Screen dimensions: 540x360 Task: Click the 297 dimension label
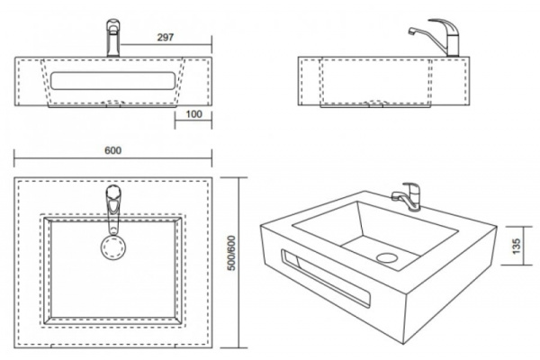tap(166, 37)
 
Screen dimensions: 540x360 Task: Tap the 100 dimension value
tap(193, 114)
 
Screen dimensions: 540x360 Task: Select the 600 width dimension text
tap(113, 150)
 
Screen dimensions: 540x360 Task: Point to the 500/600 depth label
tap(232, 253)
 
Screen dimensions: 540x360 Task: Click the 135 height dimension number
tap(517, 246)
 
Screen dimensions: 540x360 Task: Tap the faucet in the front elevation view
tap(113, 38)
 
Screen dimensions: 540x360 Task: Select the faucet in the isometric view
tap(407, 195)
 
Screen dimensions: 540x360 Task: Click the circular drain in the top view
tap(113, 247)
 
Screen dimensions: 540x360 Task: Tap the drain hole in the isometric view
tap(387, 257)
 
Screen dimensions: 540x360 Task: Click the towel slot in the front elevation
tap(113, 81)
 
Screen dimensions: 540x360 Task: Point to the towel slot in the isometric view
tap(326, 278)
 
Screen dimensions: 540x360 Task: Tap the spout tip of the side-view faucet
tap(411, 31)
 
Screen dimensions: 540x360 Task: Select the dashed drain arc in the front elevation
tap(113, 103)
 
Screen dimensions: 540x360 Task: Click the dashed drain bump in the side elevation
tap(375, 103)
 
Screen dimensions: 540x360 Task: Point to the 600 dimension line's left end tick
tap(14, 158)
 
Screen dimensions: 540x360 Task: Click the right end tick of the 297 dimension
tap(211, 44)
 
